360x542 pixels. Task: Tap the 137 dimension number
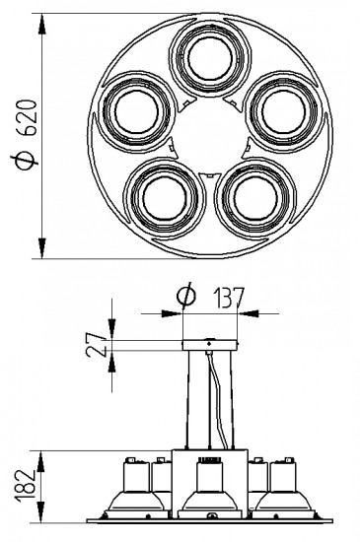point(228,298)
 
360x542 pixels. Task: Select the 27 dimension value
point(95,344)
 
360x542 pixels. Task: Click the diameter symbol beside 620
point(25,162)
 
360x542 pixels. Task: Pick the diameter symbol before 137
point(186,296)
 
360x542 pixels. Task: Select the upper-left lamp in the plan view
point(136,111)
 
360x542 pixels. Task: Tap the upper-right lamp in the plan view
point(284,111)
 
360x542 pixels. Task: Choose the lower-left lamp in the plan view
point(165,198)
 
